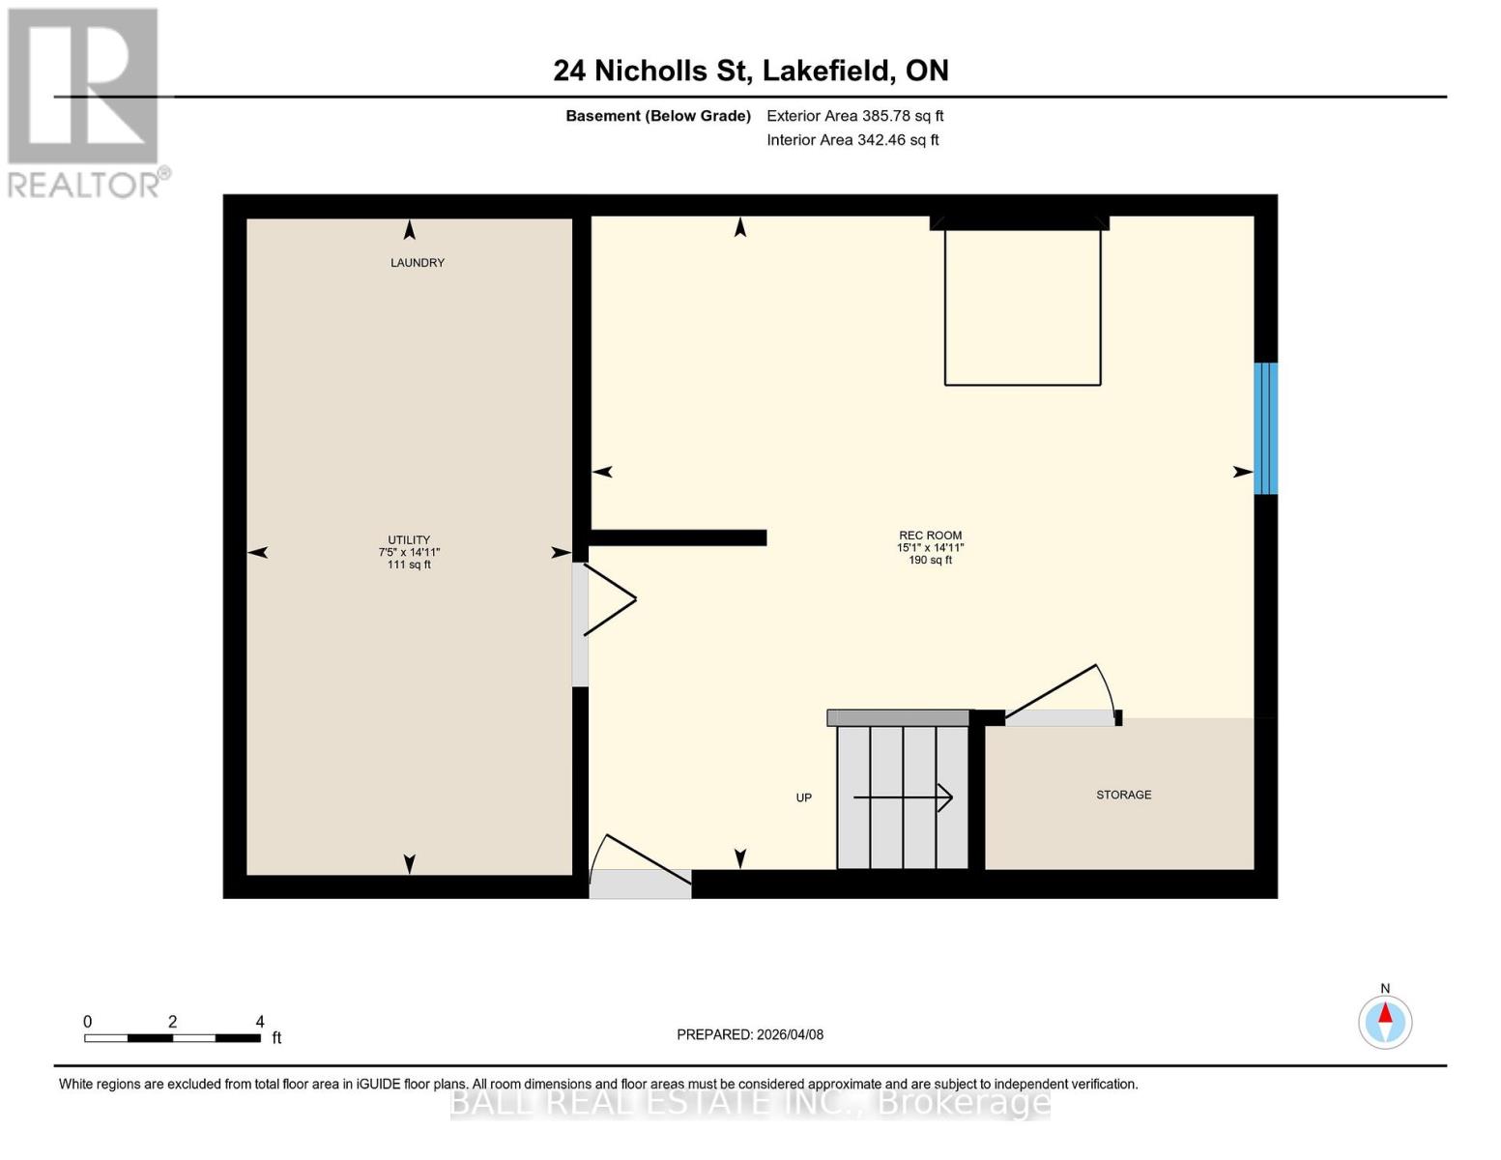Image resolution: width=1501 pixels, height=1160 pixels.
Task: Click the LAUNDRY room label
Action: coord(417,263)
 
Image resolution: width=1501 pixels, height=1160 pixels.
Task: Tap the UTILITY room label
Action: coord(409,540)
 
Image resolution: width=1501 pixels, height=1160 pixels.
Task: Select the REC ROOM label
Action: coord(930,536)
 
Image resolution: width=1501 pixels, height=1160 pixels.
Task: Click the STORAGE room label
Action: coord(1123,795)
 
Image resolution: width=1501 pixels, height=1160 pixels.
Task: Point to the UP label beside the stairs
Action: coord(803,797)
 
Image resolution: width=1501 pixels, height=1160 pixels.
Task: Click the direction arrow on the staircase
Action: coord(903,797)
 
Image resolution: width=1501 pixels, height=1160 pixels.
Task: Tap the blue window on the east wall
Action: coord(1265,428)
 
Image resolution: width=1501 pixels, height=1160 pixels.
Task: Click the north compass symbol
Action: coord(1385,1021)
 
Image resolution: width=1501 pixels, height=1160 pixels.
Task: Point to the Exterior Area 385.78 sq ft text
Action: coord(854,116)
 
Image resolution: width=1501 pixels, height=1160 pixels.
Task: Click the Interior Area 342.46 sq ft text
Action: coord(852,140)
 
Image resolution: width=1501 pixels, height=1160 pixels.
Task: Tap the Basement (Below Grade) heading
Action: coord(657,116)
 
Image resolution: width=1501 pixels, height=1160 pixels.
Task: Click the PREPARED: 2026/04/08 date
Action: coord(750,1034)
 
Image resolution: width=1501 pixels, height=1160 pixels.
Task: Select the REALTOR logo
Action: coord(85,101)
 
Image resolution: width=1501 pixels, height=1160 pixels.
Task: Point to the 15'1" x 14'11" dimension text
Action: coord(930,548)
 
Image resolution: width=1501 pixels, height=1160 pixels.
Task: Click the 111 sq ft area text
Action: coord(409,565)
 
